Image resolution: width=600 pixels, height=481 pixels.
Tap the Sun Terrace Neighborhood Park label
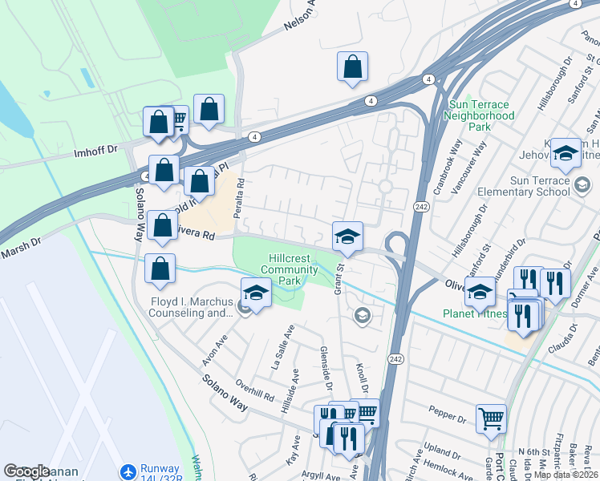click(x=481, y=115)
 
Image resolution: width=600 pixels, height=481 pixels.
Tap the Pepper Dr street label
click(x=448, y=418)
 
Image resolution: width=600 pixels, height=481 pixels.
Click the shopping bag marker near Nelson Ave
click(x=352, y=68)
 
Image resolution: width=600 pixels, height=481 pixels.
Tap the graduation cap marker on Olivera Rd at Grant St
click(x=347, y=236)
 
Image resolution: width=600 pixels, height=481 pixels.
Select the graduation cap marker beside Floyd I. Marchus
click(x=255, y=293)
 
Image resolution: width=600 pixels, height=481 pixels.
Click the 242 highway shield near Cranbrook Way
click(x=420, y=207)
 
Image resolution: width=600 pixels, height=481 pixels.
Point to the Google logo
click(x=26, y=471)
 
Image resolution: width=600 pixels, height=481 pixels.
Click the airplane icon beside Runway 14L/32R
click(x=128, y=473)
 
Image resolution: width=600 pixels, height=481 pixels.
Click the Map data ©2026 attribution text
click(x=566, y=475)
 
